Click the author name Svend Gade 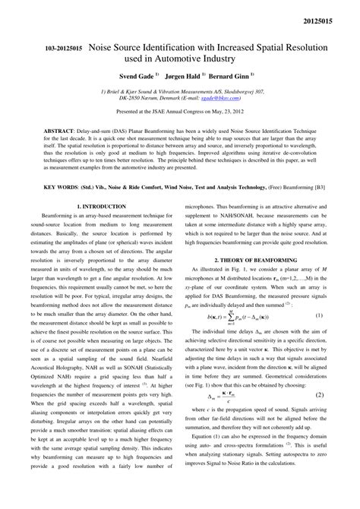(x=135, y=77)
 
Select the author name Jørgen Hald (x=185, y=77)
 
